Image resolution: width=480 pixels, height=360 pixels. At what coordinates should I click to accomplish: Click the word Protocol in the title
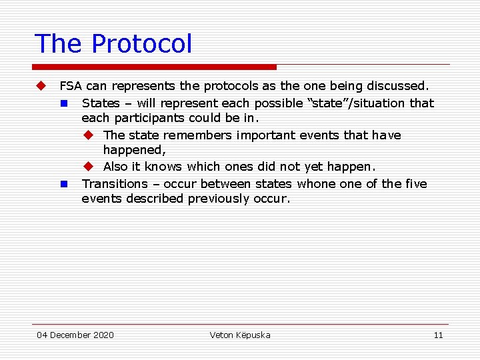click(x=141, y=44)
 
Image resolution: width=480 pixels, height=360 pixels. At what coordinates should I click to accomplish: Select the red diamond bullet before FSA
click(x=41, y=86)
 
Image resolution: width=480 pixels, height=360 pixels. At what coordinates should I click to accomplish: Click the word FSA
click(x=71, y=86)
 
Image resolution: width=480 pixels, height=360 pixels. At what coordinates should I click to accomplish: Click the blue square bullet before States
click(x=64, y=103)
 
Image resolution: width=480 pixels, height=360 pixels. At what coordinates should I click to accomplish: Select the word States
click(x=101, y=103)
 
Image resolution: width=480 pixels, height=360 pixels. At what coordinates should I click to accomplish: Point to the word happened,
click(x=134, y=150)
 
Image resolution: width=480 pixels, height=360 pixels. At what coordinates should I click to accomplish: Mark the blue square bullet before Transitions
click(x=64, y=183)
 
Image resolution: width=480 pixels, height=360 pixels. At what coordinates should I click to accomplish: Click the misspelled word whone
click(x=317, y=183)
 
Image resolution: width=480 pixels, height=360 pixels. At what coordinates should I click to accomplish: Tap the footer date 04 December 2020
click(x=75, y=335)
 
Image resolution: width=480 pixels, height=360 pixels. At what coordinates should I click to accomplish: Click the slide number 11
click(x=438, y=335)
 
